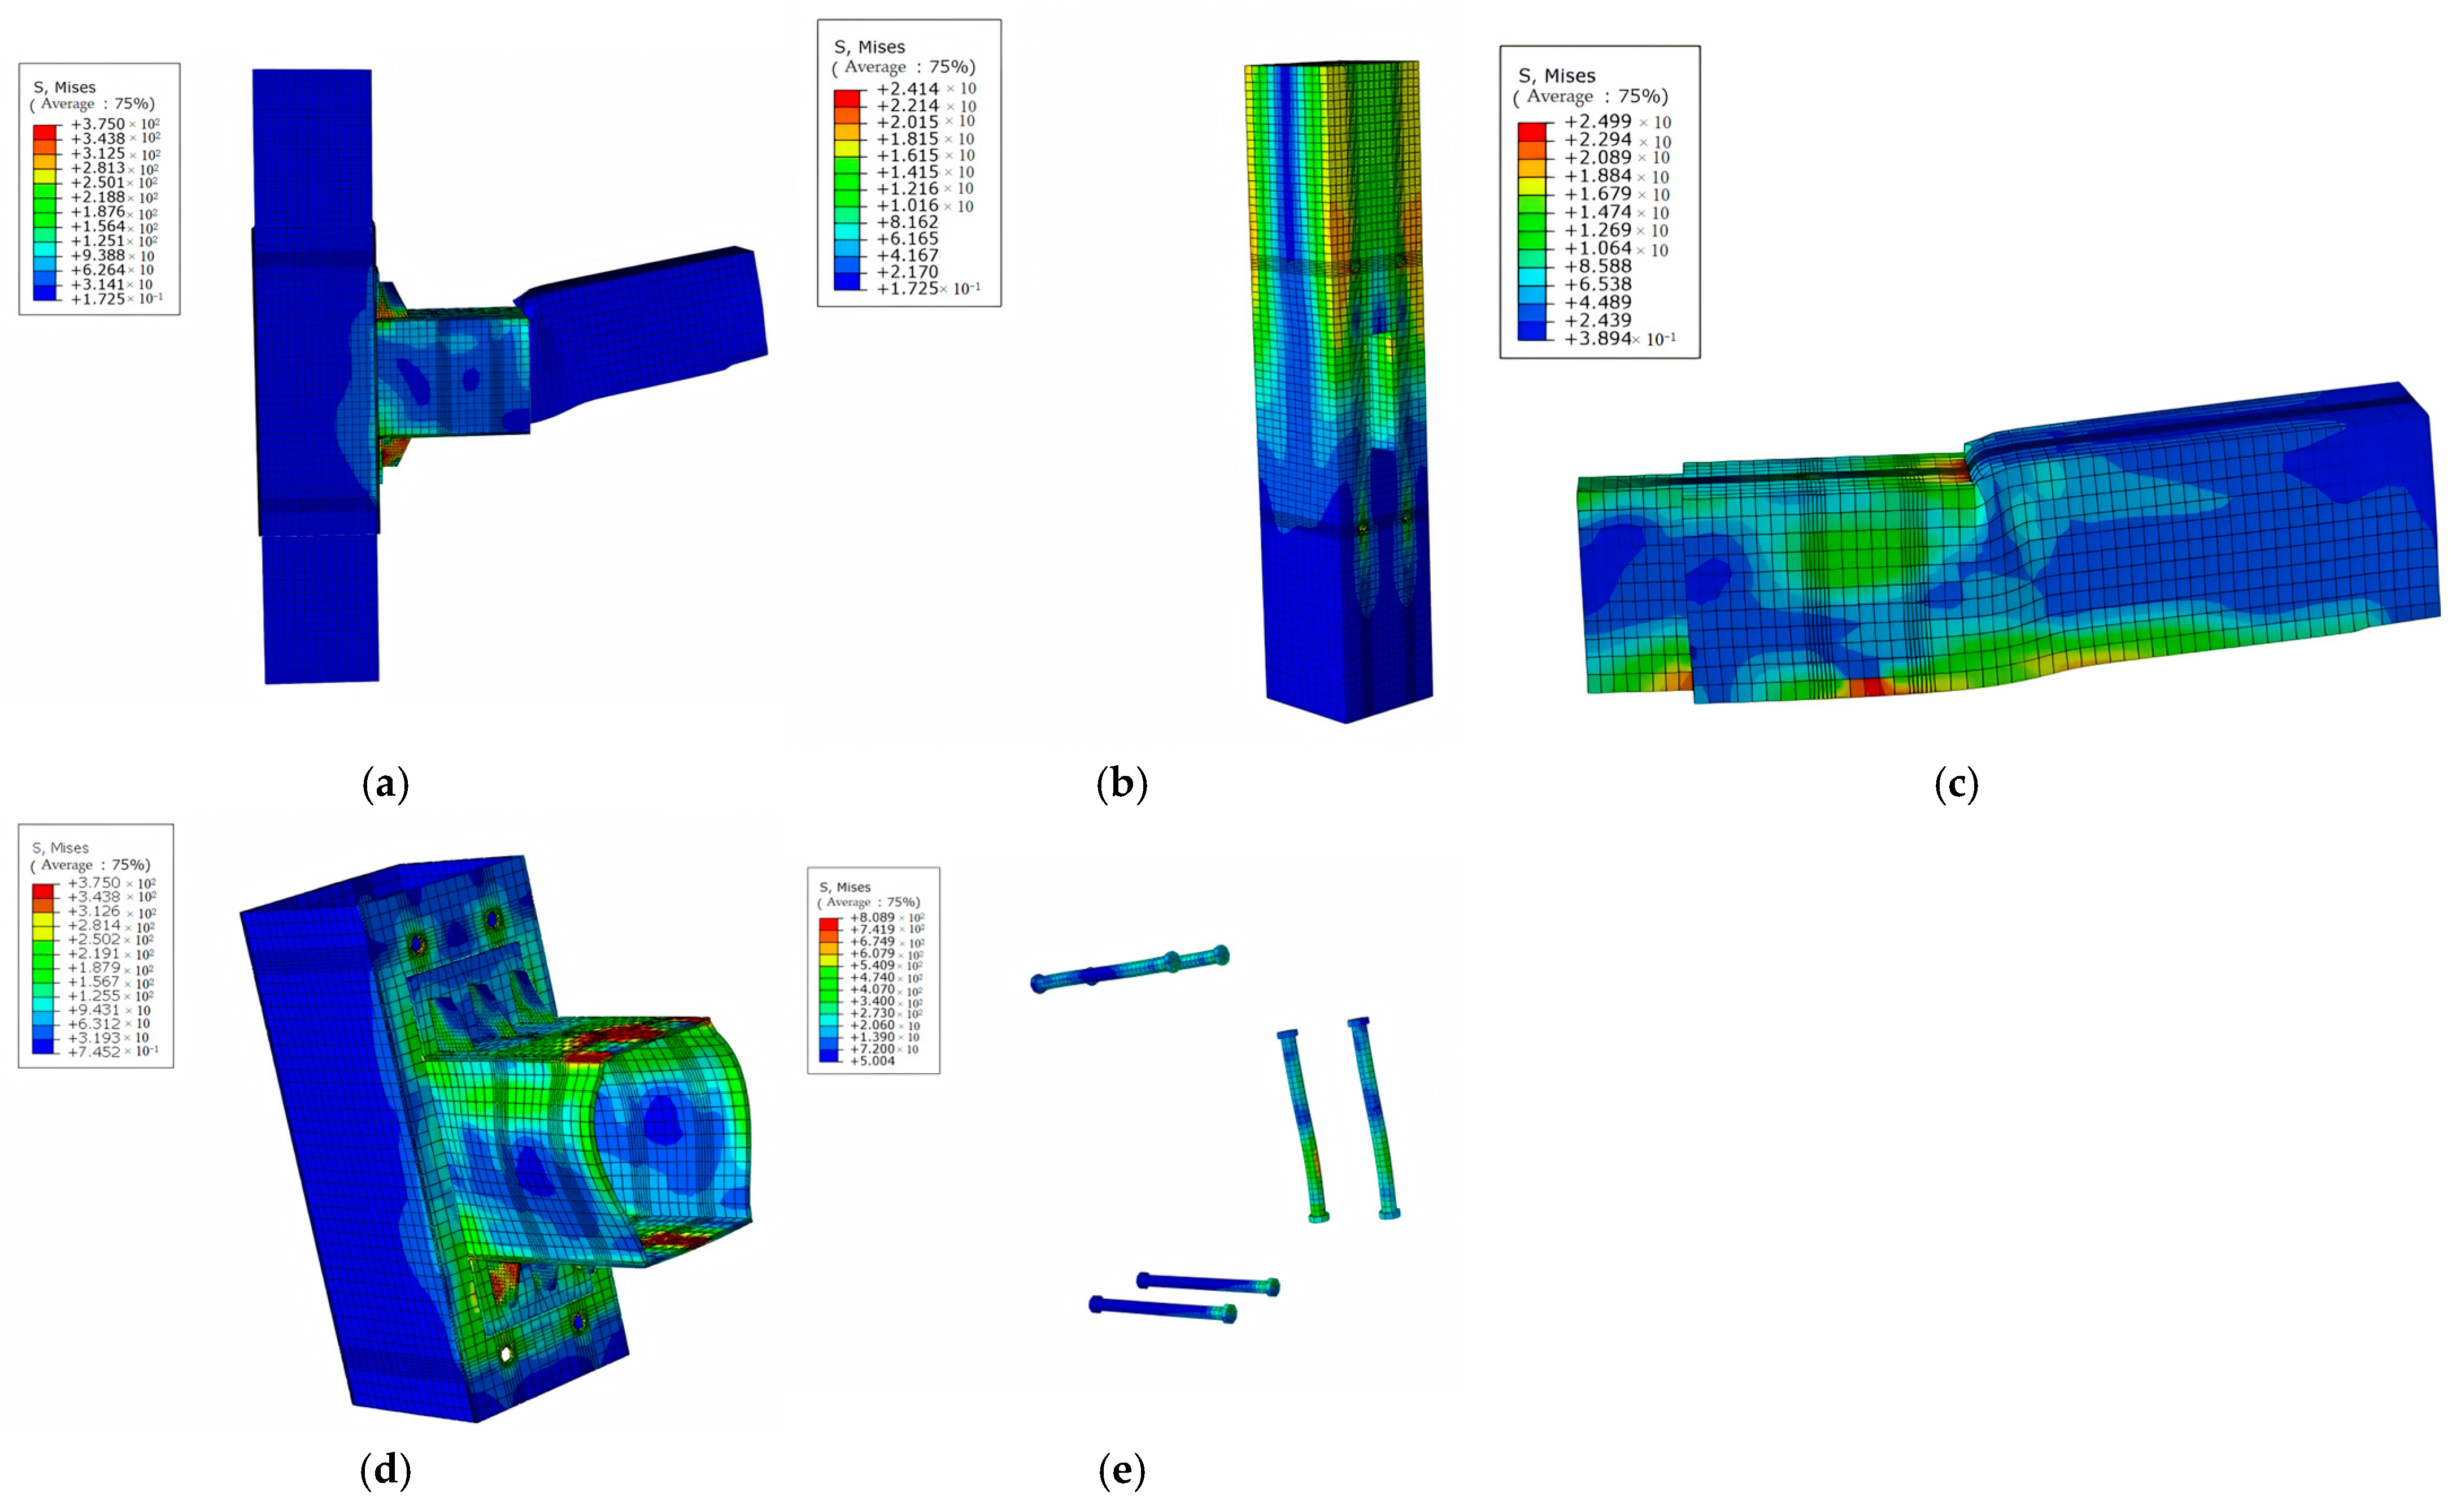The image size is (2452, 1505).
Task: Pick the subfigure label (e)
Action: (1122, 1469)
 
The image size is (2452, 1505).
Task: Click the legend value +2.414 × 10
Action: (925, 89)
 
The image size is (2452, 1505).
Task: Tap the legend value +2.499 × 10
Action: (1617, 122)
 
